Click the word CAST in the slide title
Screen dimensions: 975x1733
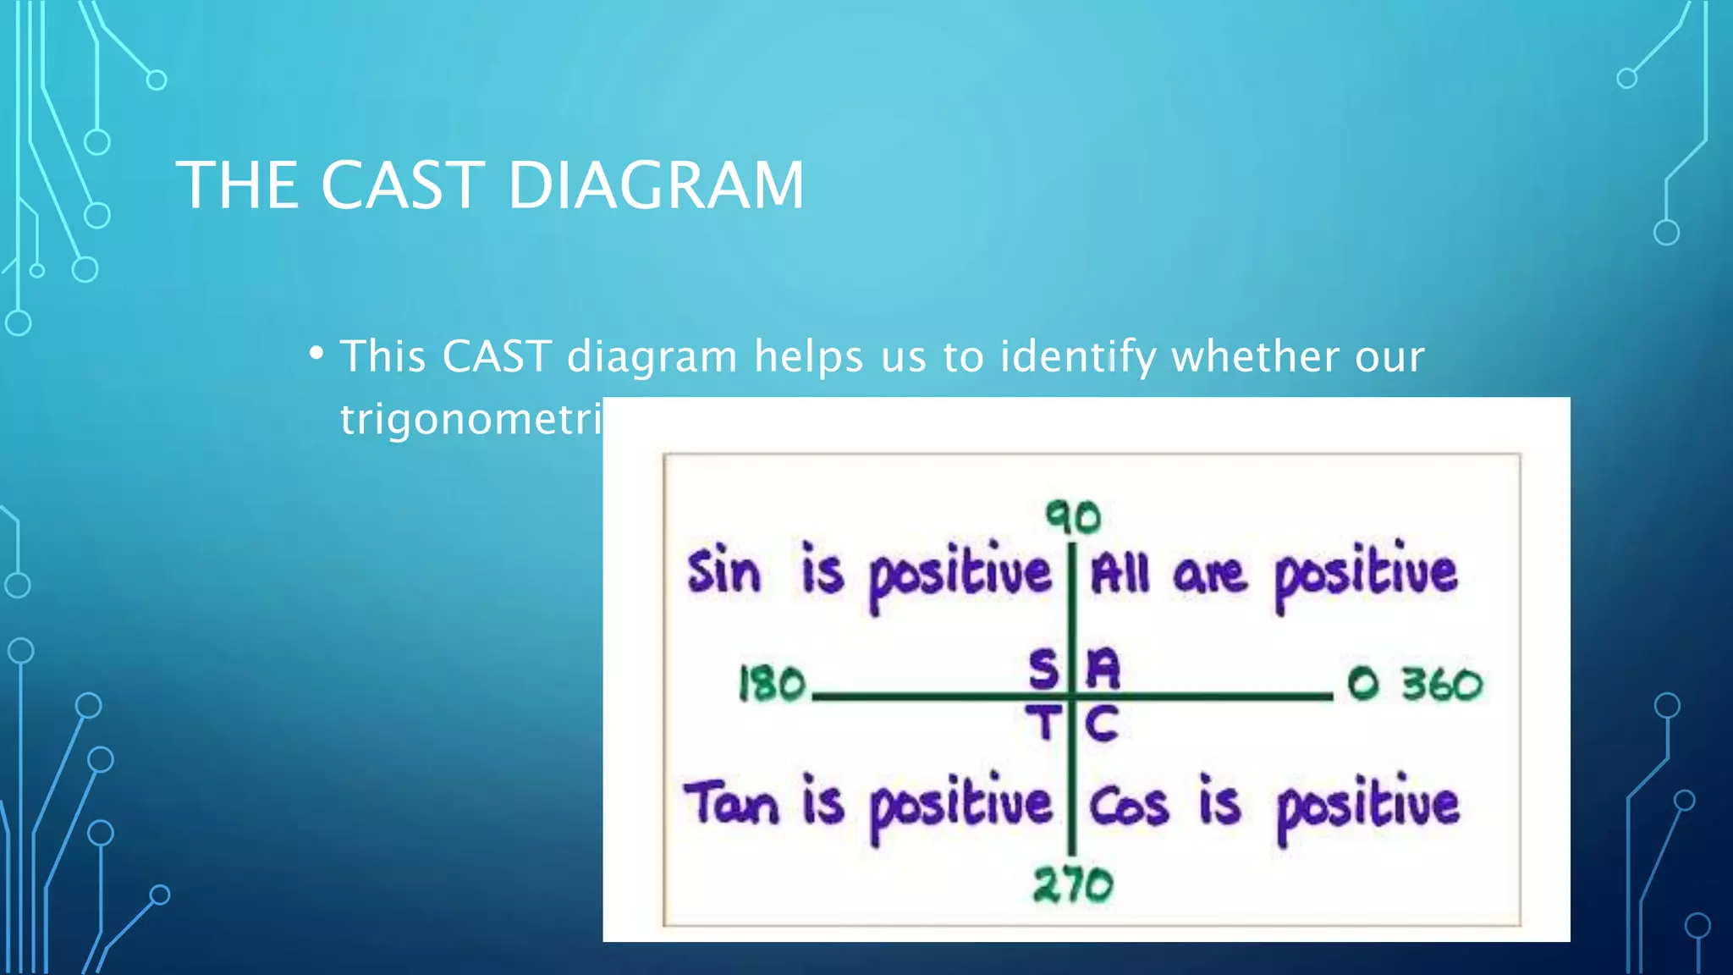tap(402, 185)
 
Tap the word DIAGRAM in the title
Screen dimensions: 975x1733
tap(656, 185)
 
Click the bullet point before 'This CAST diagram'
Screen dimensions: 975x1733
tap(316, 352)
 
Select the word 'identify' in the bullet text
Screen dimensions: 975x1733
tap(1077, 357)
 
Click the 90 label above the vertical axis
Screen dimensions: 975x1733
tap(1073, 516)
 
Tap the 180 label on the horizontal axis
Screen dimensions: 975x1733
tap(772, 684)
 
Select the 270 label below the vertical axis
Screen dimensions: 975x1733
tap(1073, 885)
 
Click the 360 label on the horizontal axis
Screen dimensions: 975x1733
tap(1442, 684)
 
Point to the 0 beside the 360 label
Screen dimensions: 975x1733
tap(1363, 684)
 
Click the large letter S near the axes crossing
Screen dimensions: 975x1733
tap(1043, 669)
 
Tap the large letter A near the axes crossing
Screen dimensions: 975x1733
tap(1103, 669)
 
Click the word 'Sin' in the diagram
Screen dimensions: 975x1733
tap(723, 572)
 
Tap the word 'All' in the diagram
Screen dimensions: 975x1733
tap(1119, 574)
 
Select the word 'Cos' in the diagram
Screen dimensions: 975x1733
tap(1129, 806)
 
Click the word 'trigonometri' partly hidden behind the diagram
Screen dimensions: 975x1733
tap(470, 419)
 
